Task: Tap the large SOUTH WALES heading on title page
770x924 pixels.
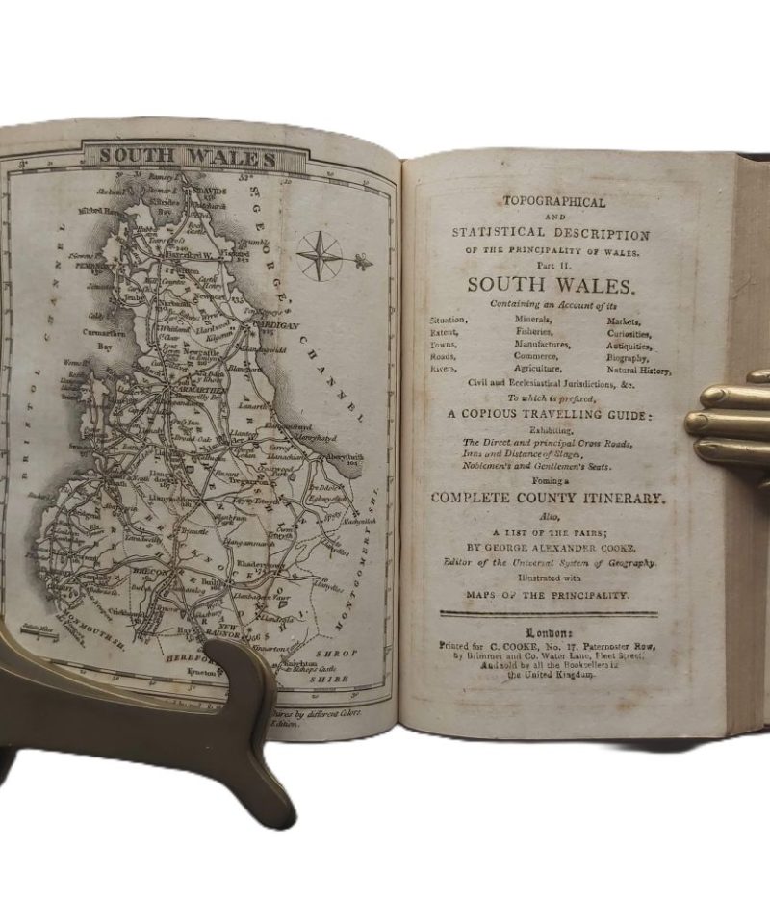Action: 546,286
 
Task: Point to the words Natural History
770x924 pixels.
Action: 639,370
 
